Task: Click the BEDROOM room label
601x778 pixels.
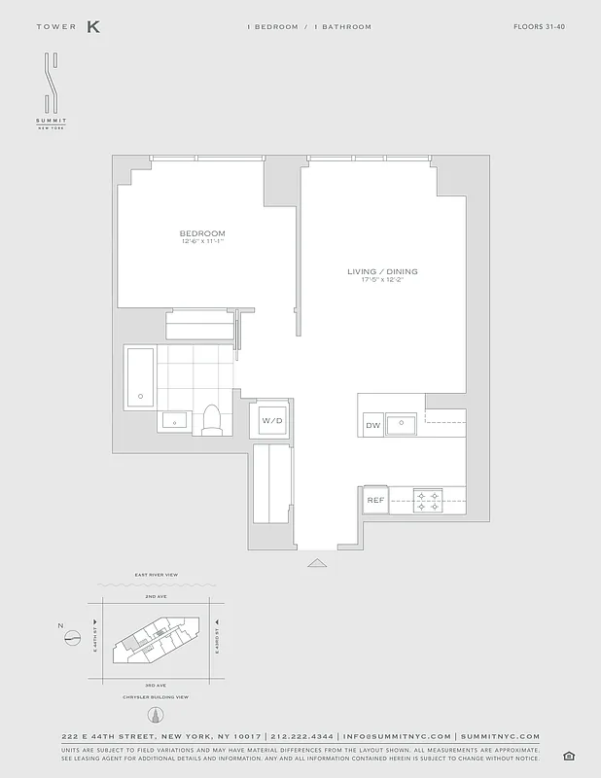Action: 202,233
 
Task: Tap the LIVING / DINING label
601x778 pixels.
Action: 382,271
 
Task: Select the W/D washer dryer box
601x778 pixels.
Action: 270,420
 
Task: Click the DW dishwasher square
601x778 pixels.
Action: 372,426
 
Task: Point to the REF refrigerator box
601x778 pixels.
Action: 374,502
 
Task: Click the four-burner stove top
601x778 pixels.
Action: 428,500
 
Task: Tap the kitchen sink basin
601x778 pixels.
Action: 401,423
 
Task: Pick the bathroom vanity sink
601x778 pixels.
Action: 175,420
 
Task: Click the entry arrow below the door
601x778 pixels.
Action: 317,562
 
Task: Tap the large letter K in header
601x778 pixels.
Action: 93,27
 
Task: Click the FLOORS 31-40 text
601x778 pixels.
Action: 539,27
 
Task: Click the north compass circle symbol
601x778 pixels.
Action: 72,639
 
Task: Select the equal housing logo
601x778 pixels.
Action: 567,756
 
